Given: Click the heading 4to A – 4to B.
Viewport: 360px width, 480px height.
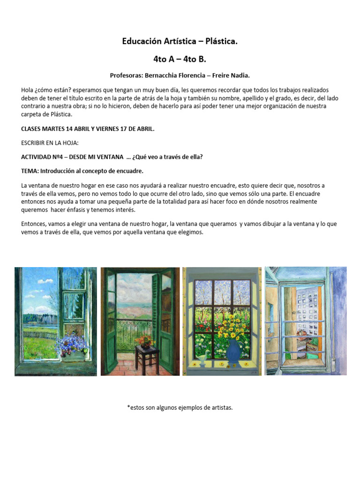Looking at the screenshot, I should click(180, 59).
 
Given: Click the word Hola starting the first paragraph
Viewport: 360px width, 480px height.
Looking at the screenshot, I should click(28, 90).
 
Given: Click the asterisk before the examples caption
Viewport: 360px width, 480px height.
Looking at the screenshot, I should click(128, 408).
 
